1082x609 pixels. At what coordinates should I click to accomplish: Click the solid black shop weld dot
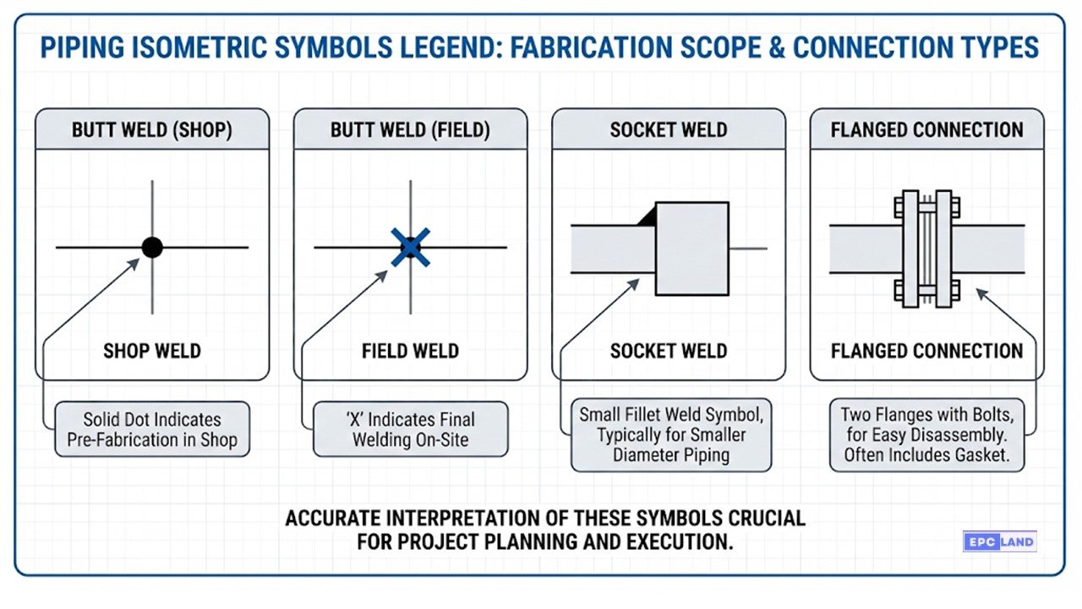coord(152,247)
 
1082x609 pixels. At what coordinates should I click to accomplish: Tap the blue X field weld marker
coord(411,247)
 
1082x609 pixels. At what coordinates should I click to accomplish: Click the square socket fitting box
coord(691,248)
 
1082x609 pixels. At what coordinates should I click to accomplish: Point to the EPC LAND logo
coord(1000,541)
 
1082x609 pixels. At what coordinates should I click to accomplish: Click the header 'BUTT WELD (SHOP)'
coord(152,130)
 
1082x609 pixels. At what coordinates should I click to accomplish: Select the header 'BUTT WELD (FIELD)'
coord(410,130)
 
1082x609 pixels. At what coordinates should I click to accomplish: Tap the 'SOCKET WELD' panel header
coord(669,130)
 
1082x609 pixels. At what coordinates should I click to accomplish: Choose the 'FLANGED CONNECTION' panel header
coord(926,130)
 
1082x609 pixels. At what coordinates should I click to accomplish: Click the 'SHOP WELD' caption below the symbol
coord(152,350)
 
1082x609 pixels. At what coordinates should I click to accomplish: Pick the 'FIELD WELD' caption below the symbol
coord(410,350)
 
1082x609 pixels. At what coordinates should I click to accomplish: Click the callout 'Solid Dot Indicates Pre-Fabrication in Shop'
coord(152,430)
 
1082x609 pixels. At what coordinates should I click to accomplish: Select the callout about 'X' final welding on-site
coord(411,430)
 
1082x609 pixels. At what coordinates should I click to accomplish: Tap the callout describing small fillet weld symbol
coord(670,435)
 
